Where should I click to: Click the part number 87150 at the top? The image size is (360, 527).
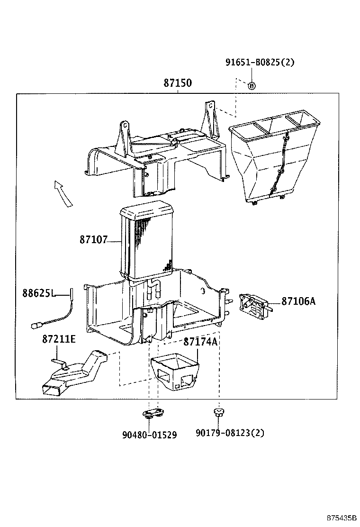tap(178, 83)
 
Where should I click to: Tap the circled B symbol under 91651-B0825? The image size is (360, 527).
tap(252, 85)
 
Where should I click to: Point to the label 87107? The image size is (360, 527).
tap(94, 240)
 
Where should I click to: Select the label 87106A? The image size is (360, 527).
tap(298, 301)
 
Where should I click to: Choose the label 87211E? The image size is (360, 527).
tap(58, 339)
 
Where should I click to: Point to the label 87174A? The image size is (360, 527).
tap(200, 341)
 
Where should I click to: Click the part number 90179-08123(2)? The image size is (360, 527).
tap(230, 433)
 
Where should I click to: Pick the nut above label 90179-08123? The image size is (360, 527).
tap(218, 411)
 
